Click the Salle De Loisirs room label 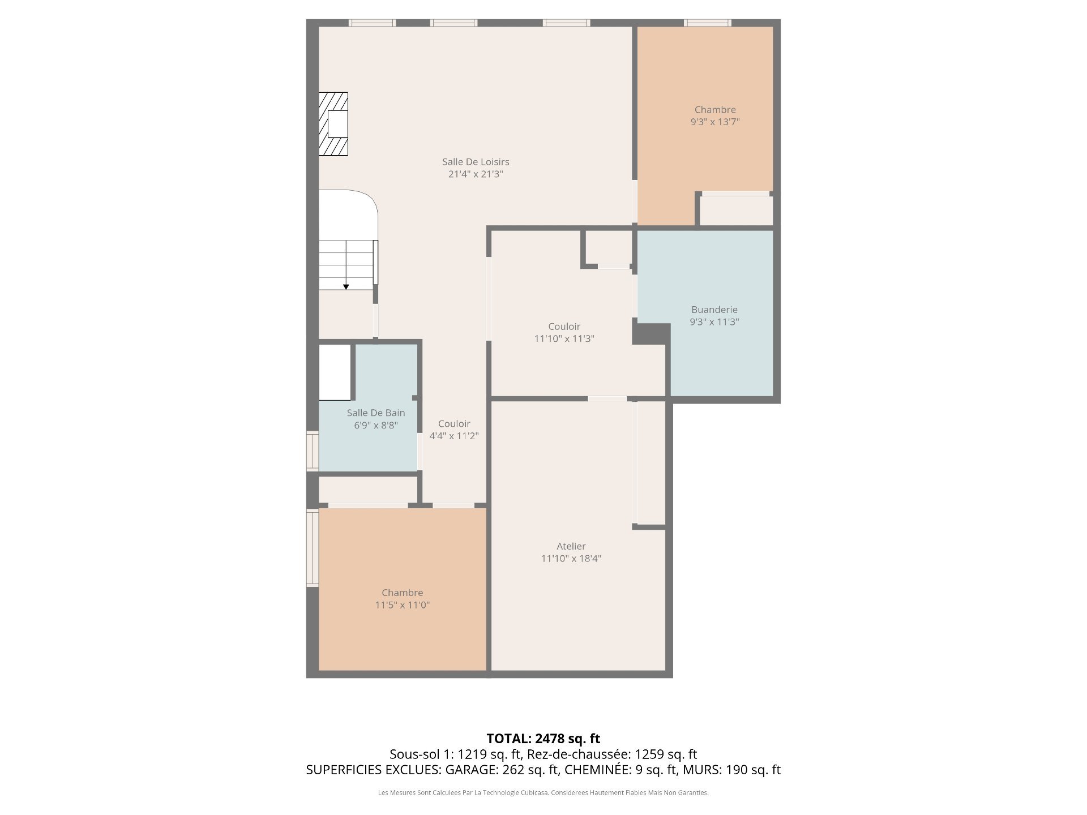[476, 162]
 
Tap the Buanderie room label [714, 310]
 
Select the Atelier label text [571, 546]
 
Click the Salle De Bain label [376, 413]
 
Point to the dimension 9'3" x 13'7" [715, 122]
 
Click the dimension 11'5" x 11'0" [403, 605]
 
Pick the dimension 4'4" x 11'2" [454, 436]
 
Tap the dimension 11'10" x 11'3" [564, 338]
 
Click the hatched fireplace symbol [333, 124]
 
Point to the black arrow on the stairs [346, 287]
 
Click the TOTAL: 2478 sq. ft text [543, 739]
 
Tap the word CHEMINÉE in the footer [597, 770]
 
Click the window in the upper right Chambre [708, 23]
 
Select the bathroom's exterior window [313, 451]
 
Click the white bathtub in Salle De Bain [335, 372]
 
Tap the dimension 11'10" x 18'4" [571, 559]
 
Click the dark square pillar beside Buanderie [651, 333]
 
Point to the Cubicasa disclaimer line [543, 793]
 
